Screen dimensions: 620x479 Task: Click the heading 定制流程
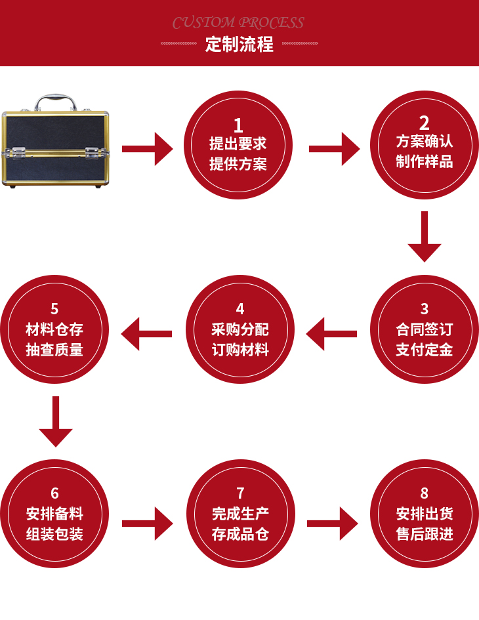click(x=239, y=45)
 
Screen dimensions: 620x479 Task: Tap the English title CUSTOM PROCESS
click(x=238, y=23)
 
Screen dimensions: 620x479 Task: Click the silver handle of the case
click(x=55, y=101)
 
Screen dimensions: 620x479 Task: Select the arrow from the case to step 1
click(x=148, y=149)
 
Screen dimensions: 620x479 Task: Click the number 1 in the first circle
click(x=238, y=125)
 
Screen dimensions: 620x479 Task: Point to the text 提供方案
click(x=238, y=164)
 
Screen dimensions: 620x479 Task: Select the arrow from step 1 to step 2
click(x=334, y=149)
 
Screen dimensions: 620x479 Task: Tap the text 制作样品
click(x=425, y=161)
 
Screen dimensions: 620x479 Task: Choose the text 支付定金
click(x=425, y=350)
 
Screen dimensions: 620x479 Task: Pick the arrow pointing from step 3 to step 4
click(x=331, y=334)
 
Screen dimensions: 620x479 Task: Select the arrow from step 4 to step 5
click(x=147, y=334)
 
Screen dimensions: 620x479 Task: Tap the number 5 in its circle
click(x=54, y=308)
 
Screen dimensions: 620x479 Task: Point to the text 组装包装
click(x=54, y=534)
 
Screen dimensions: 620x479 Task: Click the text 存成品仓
click(x=240, y=534)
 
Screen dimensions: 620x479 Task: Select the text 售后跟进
click(x=425, y=534)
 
